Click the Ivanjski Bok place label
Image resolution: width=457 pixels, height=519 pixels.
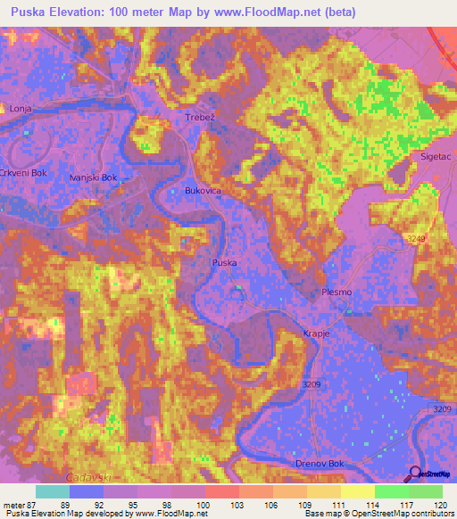pyautogui.click(x=94, y=177)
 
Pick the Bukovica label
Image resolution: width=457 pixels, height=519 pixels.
pyautogui.click(x=203, y=191)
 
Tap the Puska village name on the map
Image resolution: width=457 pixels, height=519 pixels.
pyautogui.click(x=224, y=262)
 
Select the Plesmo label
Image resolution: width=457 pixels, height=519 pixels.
pyautogui.click(x=337, y=292)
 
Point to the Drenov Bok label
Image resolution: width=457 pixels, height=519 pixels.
pyautogui.click(x=319, y=465)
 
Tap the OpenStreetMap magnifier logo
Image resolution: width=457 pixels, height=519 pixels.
pyautogui.click(x=416, y=474)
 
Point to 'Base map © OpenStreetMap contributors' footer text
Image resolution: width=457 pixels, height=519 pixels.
pyautogui.click(x=377, y=514)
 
